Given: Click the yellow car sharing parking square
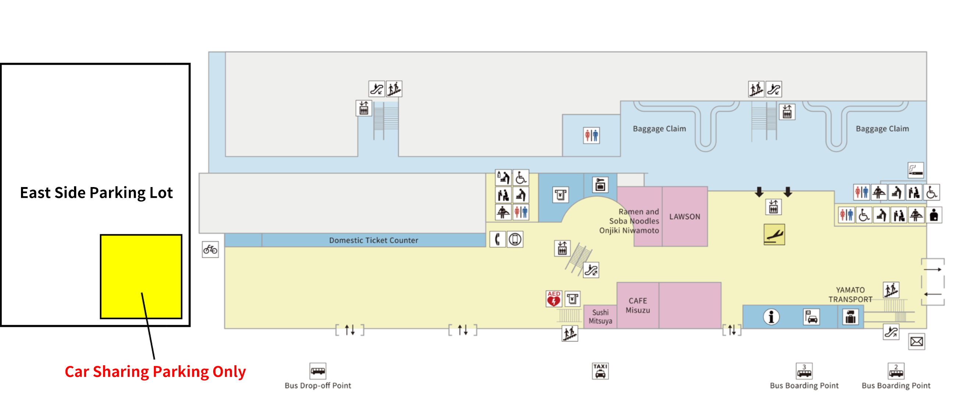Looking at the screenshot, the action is (x=141, y=276).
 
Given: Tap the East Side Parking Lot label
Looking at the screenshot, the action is (x=96, y=193).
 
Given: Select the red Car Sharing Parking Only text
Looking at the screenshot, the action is (x=155, y=372).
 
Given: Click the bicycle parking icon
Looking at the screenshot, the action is (x=210, y=250).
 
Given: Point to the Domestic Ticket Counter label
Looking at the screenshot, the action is (x=374, y=240).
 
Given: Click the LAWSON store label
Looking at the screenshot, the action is (x=684, y=217).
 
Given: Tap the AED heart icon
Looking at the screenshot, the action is (x=553, y=299).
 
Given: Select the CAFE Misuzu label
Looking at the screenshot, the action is (x=638, y=305).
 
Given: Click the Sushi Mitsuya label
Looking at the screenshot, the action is (x=601, y=317).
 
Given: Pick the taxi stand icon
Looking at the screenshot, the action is (x=600, y=371).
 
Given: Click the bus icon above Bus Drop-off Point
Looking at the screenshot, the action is (x=318, y=371).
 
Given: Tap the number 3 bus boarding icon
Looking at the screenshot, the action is (x=804, y=371).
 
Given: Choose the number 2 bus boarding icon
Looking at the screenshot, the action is (x=896, y=371).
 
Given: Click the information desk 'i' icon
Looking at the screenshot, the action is (x=771, y=317).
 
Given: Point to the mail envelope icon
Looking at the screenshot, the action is (x=916, y=342).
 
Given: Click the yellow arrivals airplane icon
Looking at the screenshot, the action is (x=774, y=235).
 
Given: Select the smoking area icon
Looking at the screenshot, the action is (x=916, y=170).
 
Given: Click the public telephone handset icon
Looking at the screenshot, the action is (x=497, y=239).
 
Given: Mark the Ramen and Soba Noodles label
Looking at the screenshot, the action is (x=634, y=216).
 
